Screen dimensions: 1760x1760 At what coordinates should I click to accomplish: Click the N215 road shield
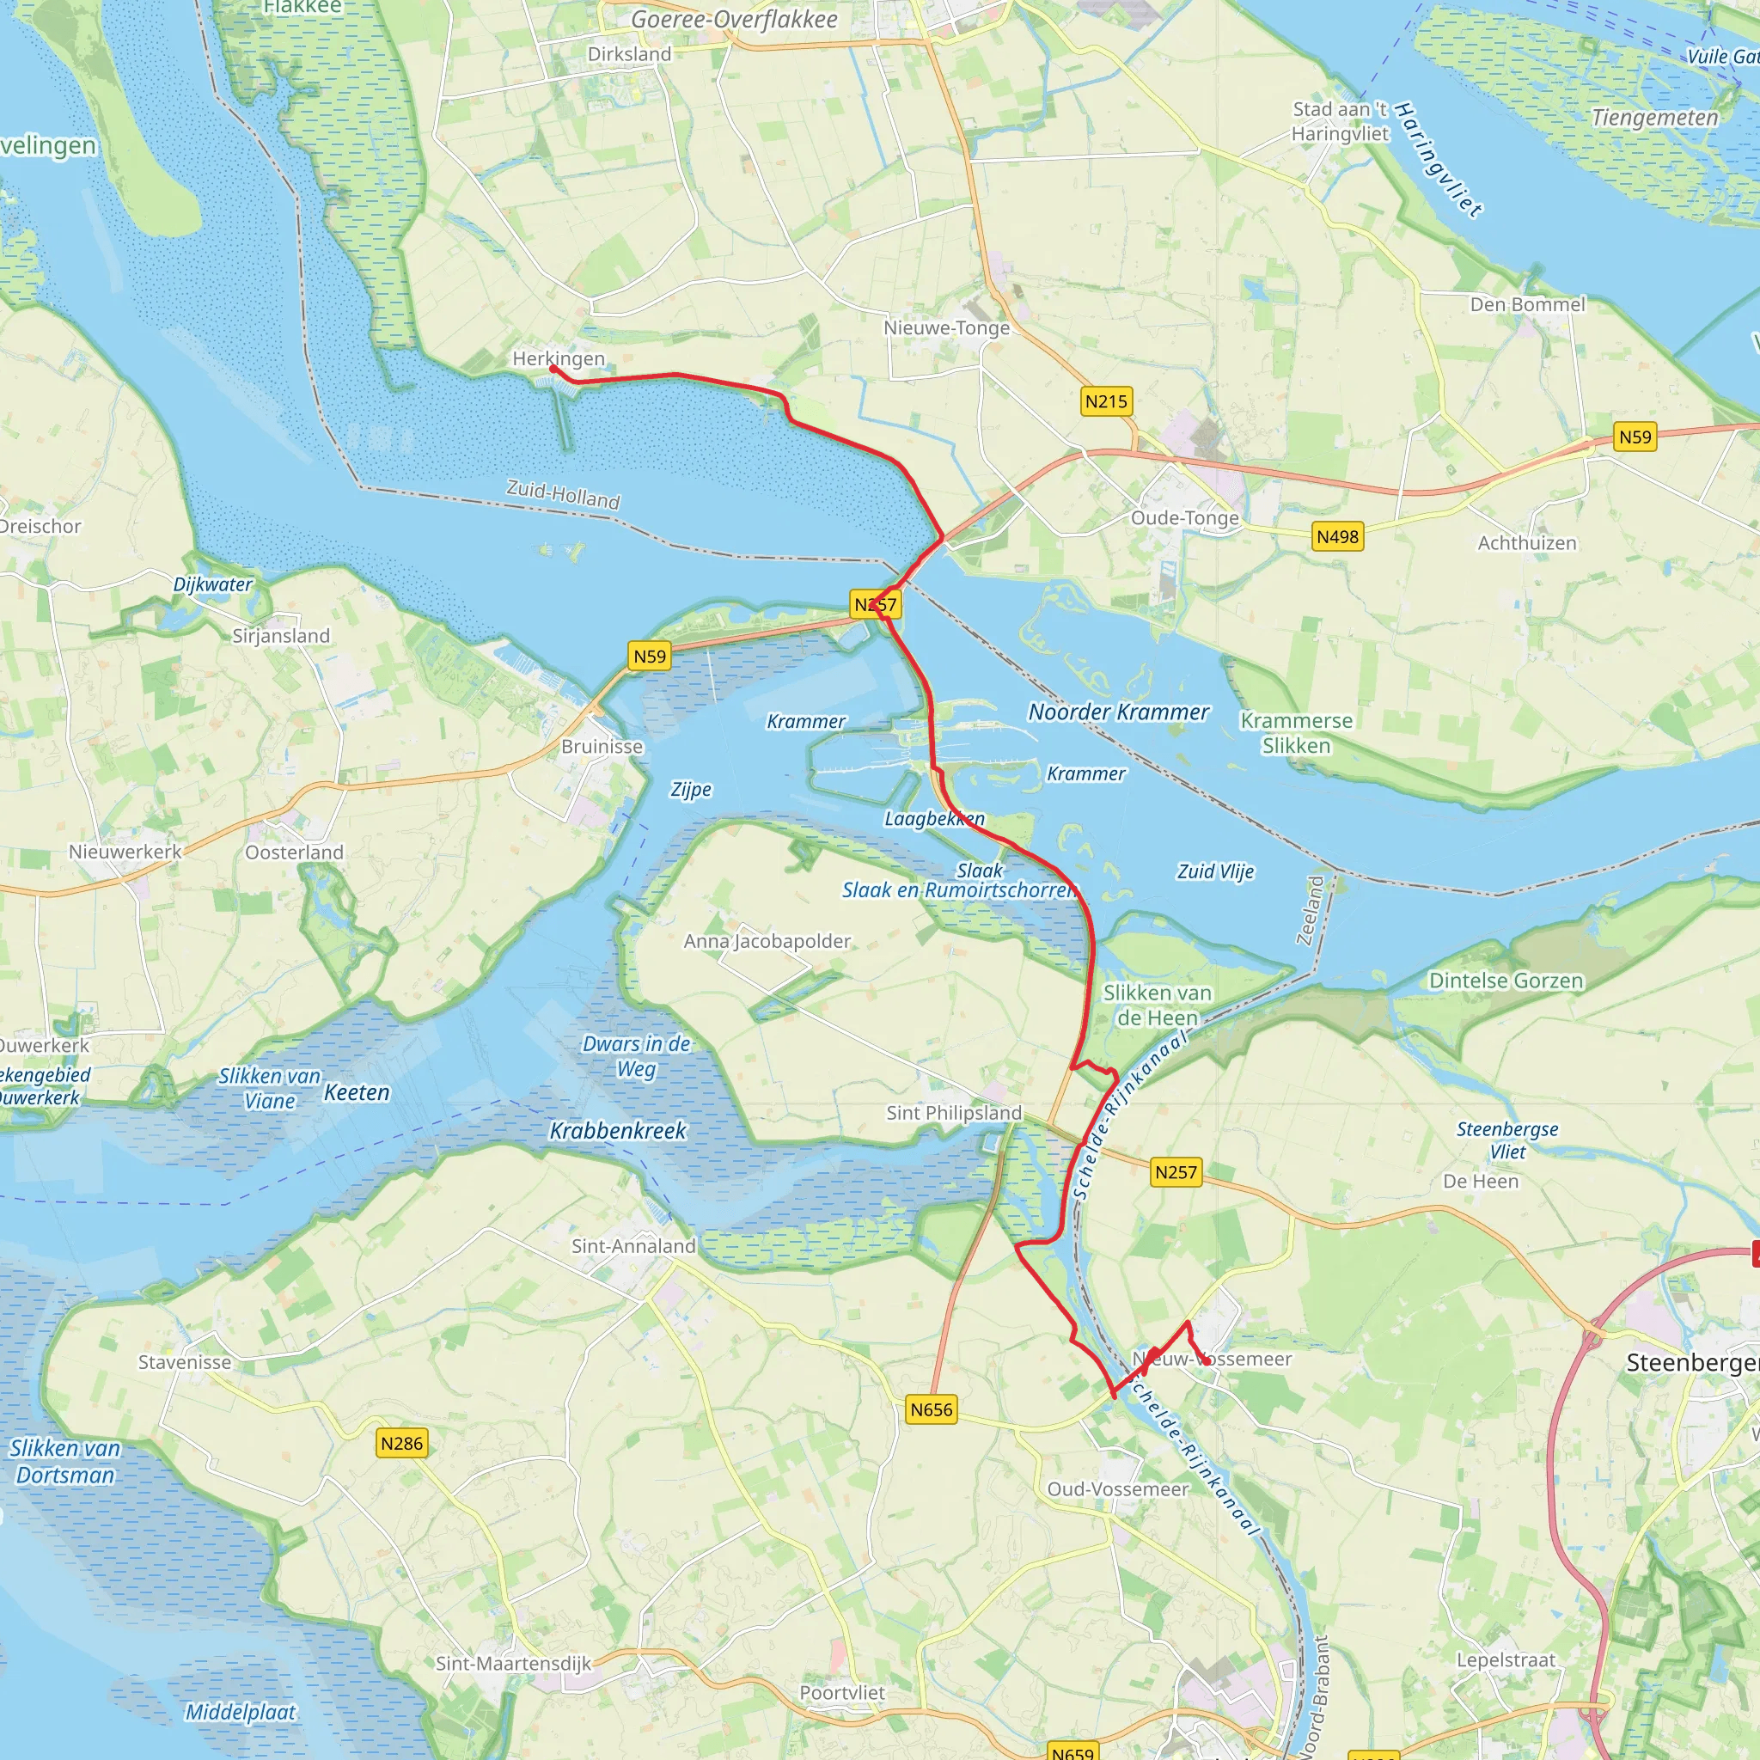1106,401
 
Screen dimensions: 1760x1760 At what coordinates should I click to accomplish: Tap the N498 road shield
1337,536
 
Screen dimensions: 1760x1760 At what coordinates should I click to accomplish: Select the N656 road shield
931,1410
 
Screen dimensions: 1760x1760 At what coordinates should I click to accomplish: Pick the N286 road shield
401,1444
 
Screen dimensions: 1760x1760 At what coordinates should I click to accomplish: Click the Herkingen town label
558,359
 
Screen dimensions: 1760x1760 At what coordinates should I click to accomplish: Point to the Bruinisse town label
602,747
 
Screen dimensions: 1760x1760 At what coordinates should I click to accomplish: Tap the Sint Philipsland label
954,1113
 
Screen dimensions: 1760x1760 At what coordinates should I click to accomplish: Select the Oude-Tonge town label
1184,518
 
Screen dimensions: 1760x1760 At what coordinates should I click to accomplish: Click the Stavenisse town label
185,1363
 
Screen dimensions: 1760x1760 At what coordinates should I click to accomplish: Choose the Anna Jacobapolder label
767,941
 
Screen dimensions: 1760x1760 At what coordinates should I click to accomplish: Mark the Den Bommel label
1528,305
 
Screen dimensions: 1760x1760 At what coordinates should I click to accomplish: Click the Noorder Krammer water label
1119,712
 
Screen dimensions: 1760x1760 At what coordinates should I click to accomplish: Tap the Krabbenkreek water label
618,1132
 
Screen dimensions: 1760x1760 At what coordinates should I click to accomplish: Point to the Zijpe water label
691,790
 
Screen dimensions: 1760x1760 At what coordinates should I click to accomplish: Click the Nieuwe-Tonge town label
946,328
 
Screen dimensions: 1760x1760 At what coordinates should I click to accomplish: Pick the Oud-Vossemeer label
1118,1489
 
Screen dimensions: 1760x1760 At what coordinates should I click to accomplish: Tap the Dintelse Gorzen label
1506,981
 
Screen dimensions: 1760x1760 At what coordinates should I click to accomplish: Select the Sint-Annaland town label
633,1246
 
